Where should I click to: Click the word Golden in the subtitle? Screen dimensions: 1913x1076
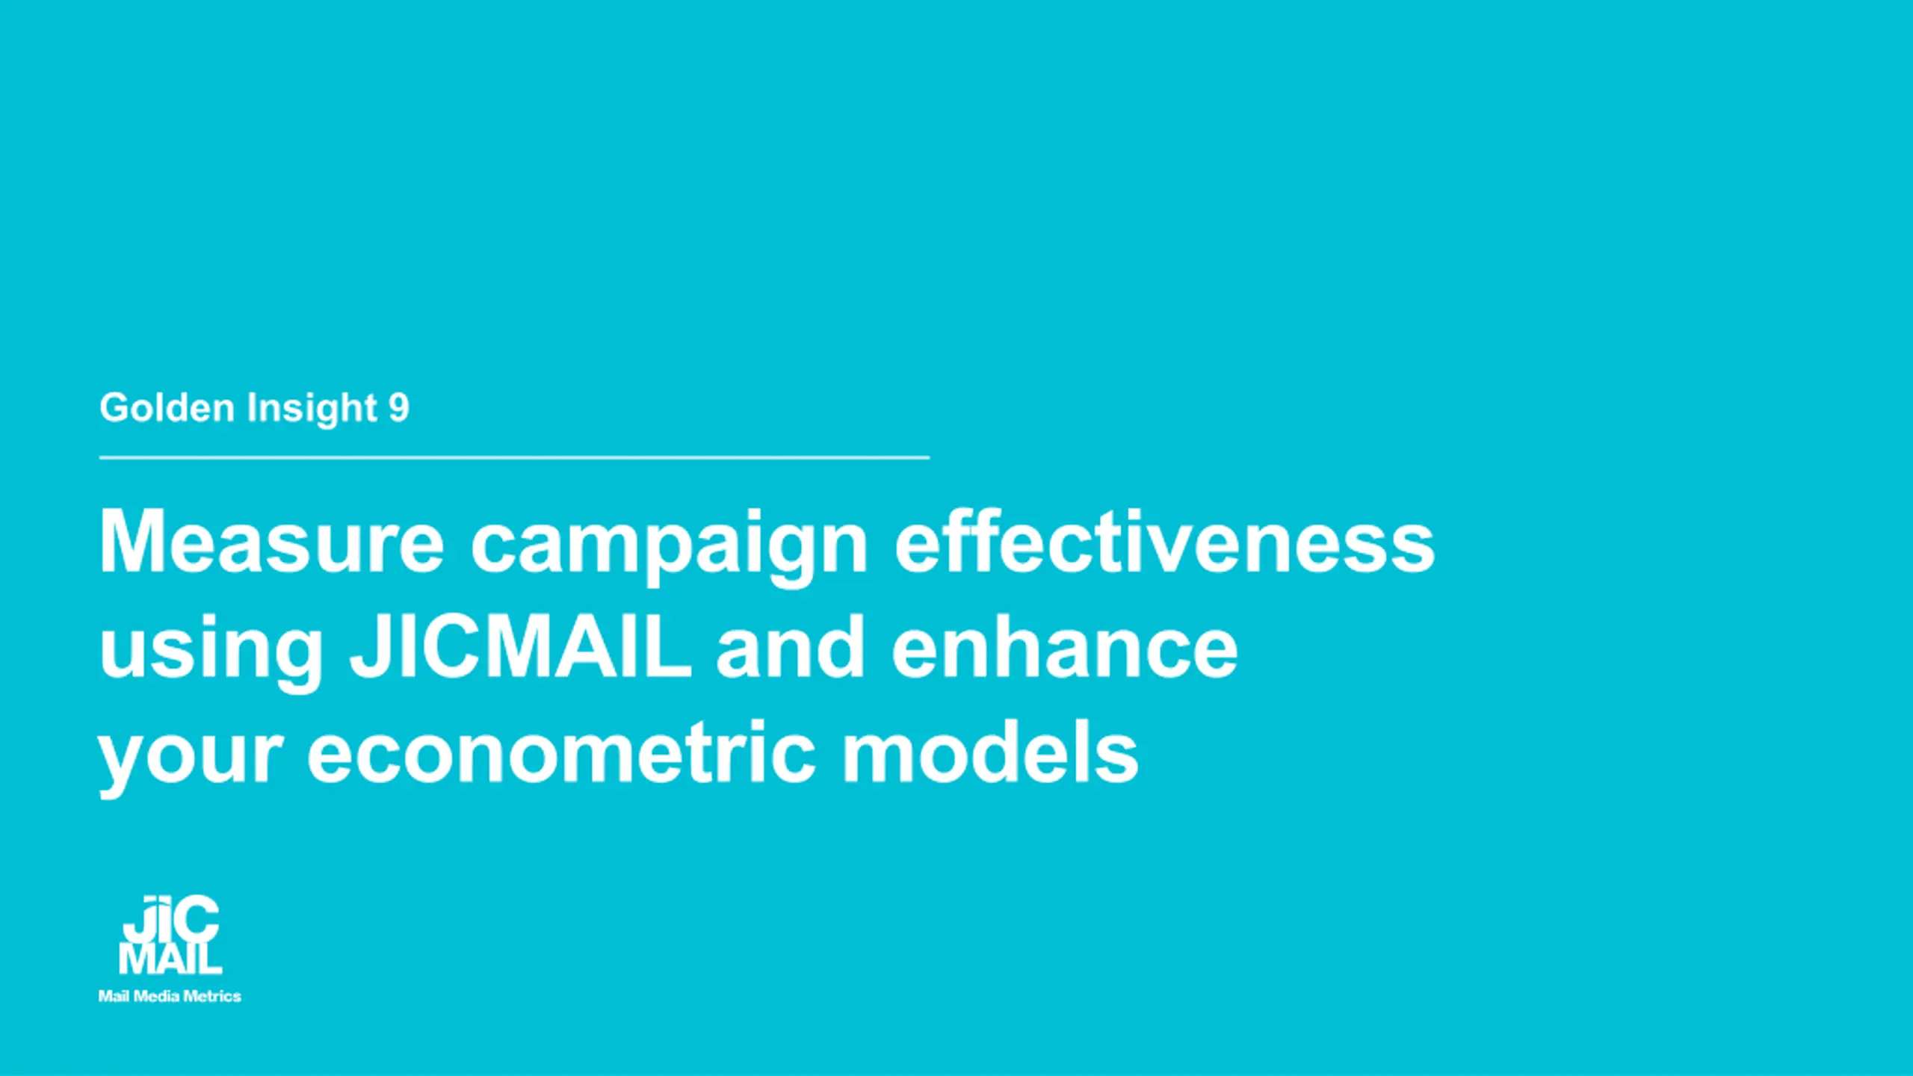point(167,407)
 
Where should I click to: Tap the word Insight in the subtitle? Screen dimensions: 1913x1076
point(312,409)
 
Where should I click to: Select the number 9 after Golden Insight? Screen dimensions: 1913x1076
point(399,407)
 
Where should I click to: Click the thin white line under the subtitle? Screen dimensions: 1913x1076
point(514,457)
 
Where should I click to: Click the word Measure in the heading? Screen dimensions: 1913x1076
point(272,541)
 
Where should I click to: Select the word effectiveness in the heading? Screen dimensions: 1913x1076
point(1164,541)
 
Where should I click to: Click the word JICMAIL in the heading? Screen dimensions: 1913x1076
point(520,646)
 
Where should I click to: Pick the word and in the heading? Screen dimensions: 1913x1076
point(791,646)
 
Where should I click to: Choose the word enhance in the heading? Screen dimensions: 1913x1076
point(1065,646)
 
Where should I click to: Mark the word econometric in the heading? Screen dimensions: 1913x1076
point(561,751)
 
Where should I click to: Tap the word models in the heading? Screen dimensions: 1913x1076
point(990,751)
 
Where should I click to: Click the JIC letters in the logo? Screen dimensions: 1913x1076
point(171,920)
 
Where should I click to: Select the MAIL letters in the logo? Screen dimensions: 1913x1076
point(170,959)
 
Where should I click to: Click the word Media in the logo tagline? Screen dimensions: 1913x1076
point(156,996)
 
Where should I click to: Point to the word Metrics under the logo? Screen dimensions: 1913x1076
point(212,996)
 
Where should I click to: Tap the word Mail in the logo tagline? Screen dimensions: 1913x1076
point(114,996)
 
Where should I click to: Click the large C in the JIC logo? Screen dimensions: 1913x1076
point(196,920)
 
